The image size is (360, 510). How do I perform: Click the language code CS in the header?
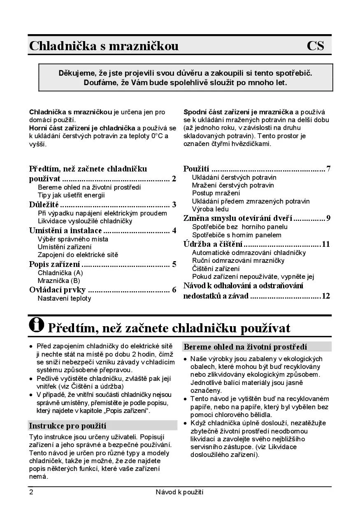click(x=315, y=46)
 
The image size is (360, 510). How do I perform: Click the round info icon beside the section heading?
click(x=37, y=325)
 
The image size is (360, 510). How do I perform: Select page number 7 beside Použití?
click(x=328, y=169)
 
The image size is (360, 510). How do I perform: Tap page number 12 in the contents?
click(x=326, y=296)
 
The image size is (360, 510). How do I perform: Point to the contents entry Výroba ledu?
click(x=210, y=209)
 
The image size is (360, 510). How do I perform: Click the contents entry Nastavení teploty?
click(x=64, y=298)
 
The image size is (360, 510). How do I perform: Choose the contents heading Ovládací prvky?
click(x=57, y=290)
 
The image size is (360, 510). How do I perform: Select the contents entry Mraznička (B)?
click(x=59, y=280)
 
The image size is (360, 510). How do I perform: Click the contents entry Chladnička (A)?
click(x=60, y=273)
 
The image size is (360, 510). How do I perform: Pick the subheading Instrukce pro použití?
click(x=67, y=425)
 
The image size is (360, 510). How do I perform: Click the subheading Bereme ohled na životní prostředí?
click(x=245, y=347)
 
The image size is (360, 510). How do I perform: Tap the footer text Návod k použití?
click(x=180, y=492)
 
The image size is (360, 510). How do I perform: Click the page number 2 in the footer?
click(x=31, y=492)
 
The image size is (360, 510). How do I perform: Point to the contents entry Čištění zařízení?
click(x=216, y=269)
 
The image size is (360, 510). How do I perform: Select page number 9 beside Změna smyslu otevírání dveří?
click(x=328, y=218)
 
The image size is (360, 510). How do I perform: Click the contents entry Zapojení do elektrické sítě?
click(x=78, y=255)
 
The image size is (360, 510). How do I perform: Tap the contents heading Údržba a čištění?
click(x=213, y=244)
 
